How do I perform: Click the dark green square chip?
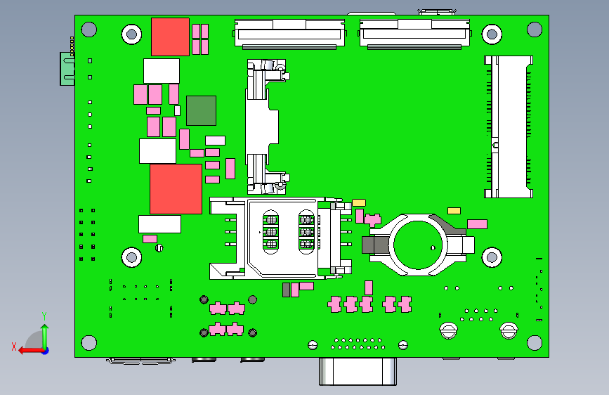(x=201, y=110)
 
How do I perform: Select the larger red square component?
(x=176, y=189)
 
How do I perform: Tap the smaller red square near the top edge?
(x=170, y=37)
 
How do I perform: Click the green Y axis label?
(x=44, y=316)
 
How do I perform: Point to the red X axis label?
(x=14, y=347)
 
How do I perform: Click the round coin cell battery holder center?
(x=417, y=245)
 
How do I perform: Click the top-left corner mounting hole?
(x=89, y=30)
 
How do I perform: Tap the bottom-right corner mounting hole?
(x=535, y=343)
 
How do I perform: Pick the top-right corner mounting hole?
(x=535, y=30)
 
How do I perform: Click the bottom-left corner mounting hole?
(x=89, y=343)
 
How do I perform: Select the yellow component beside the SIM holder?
(x=359, y=203)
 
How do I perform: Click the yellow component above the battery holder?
(x=454, y=211)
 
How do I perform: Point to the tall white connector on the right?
(x=509, y=127)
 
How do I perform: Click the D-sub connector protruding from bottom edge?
(x=358, y=371)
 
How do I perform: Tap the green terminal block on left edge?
(x=67, y=69)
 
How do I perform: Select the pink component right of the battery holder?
(x=478, y=224)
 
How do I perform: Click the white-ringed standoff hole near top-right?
(x=492, y=34)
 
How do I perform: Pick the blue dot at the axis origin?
(x=46, y=351)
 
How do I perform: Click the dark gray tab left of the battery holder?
(x=375, y=245)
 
